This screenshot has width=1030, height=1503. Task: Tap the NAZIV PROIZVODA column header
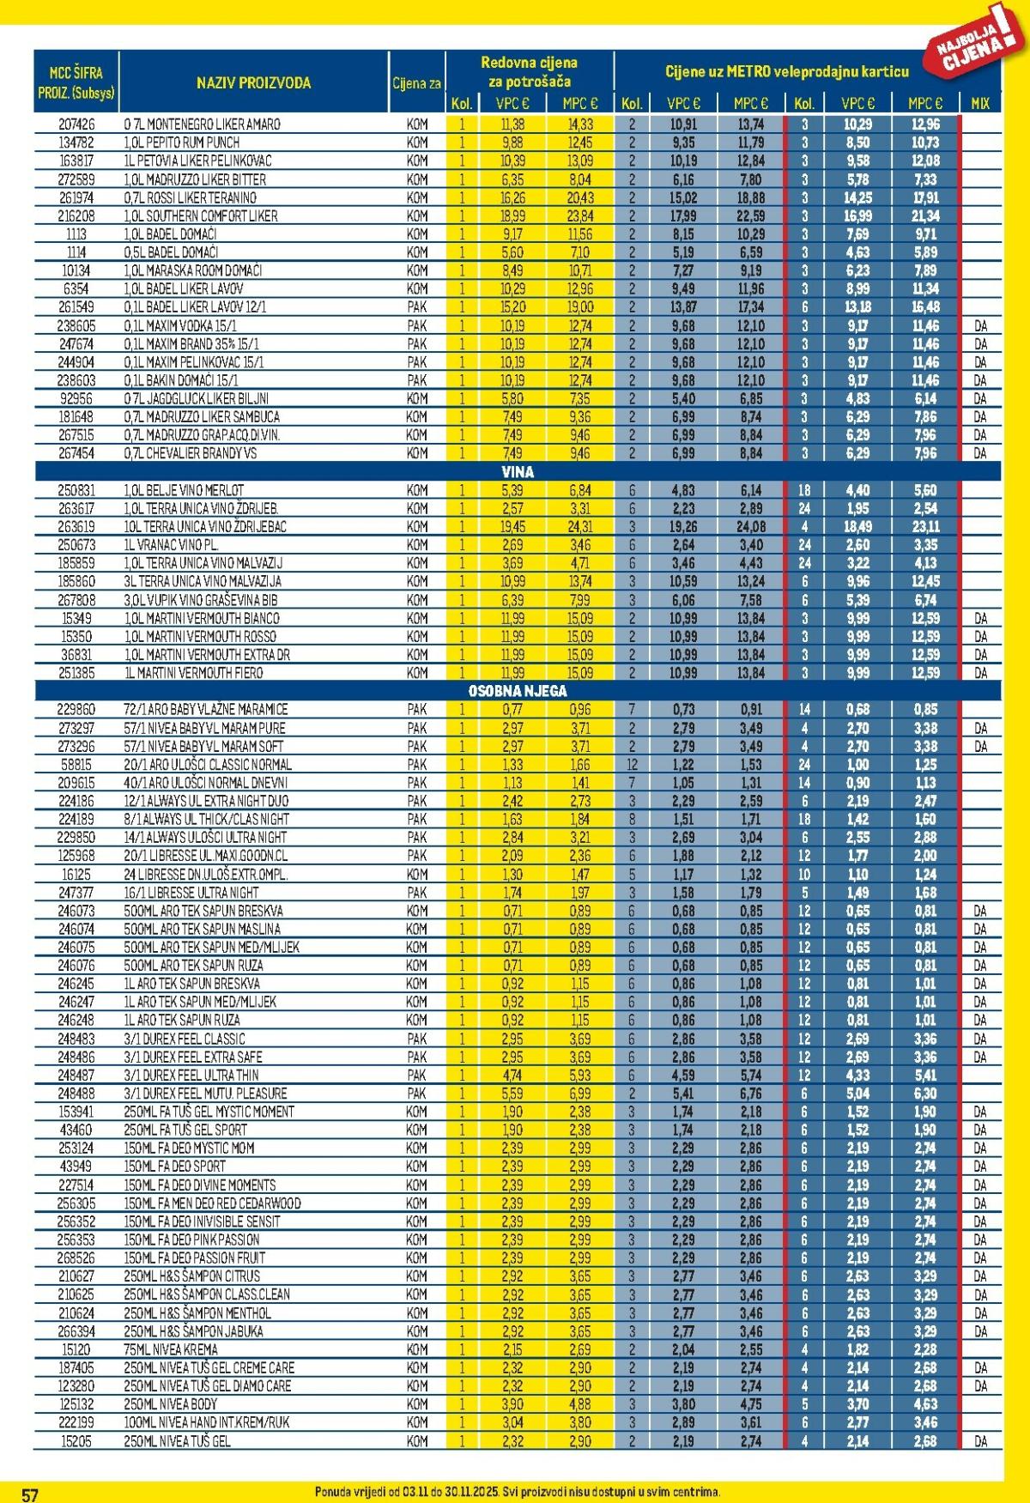click(253, 83)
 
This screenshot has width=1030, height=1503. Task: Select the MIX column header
click(979, 104)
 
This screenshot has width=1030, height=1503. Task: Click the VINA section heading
click(517, 471)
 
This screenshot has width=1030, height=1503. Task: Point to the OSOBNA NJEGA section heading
click(517, 691)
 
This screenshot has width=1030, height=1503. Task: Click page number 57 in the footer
click(30, 1494)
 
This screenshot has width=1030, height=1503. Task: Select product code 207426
click(76, 124)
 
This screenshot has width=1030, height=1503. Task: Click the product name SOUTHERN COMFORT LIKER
click(201, 216)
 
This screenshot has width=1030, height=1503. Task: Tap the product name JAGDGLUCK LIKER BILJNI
click(197, 399)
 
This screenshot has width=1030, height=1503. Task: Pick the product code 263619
click(76, 527)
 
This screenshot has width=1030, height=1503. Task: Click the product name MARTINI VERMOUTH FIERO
click(193, 673)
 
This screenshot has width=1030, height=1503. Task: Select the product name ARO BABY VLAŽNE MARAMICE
click(206, 710)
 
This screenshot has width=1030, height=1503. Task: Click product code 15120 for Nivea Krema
click(76, 1349)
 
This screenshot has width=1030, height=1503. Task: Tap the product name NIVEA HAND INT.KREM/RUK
click(206, 1422)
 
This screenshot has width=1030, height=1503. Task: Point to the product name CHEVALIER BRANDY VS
click(190, 453)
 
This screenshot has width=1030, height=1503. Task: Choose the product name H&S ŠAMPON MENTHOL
click(197, 1312)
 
